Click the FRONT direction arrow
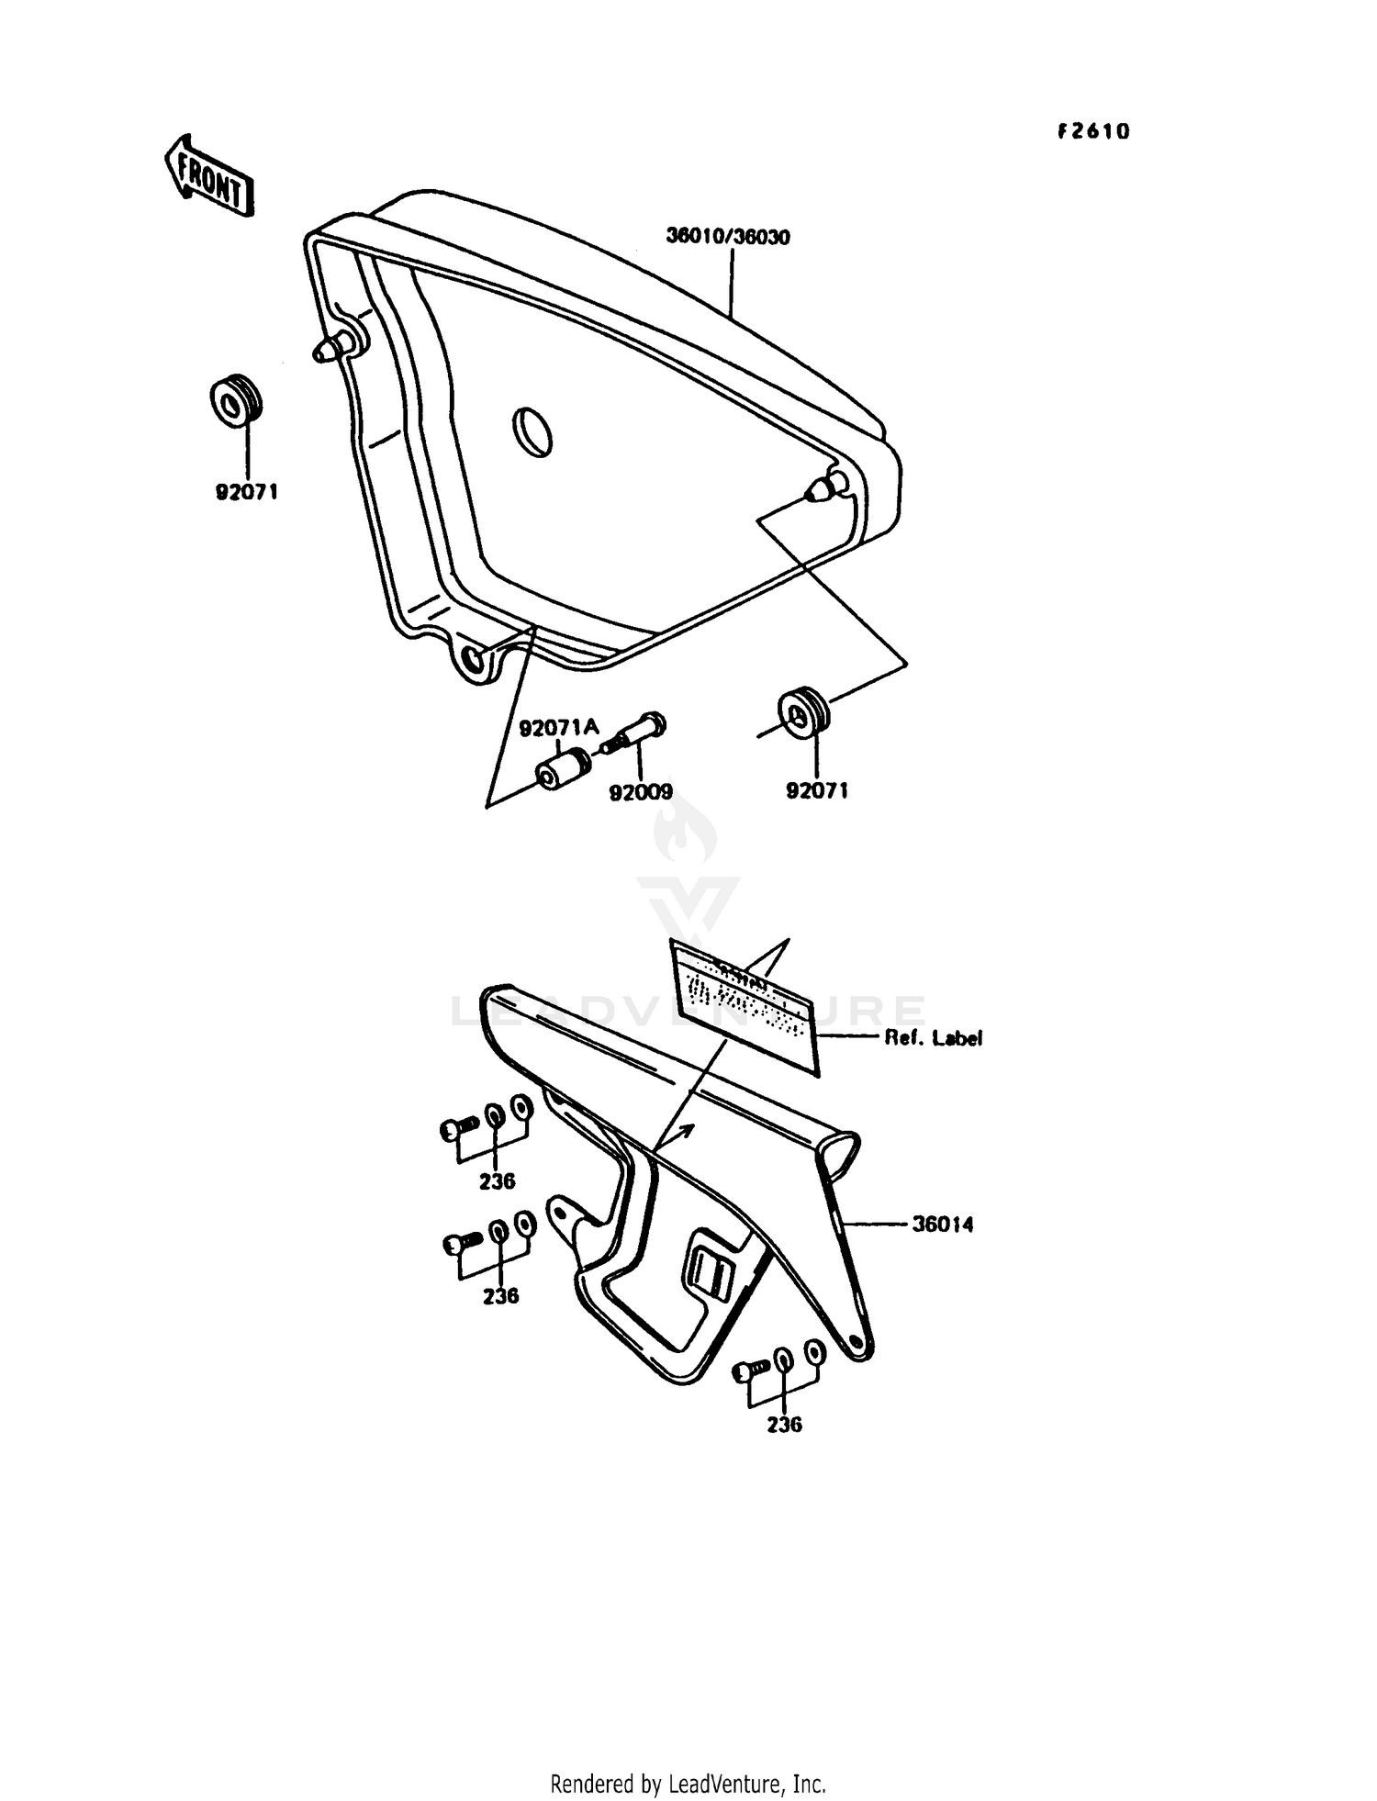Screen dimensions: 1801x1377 pos(208,177)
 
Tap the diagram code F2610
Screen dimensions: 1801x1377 pos(1092,132)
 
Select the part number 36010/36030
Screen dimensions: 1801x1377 pos(728,237)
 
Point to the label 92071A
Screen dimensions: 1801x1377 pos(559,728)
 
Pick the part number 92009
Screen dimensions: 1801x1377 pos(641,791)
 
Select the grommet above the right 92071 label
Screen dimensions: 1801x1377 pos(804,709)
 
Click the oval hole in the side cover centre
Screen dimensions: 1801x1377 pos(532,431)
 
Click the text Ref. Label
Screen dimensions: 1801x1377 pos(933,1038)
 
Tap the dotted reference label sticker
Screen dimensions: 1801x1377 pos(744,1002)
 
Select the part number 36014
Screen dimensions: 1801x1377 pos(942,1224)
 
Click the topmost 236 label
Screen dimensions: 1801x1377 pos(497,1181)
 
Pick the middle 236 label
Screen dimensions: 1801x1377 pos(500,1295)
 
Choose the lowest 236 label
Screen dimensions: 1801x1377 pos(784,1424)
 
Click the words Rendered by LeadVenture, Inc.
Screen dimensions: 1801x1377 pos(688,1783)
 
